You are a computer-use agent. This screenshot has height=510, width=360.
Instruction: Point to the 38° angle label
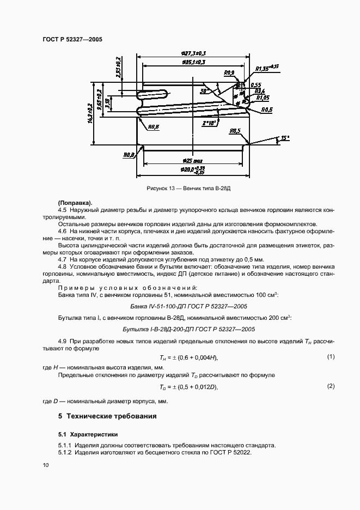pos(204,90)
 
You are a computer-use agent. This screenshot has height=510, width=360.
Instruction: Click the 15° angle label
pos(284,138)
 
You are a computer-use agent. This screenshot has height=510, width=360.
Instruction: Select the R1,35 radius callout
pos(263,69)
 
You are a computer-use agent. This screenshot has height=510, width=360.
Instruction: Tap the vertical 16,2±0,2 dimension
pos(90,113)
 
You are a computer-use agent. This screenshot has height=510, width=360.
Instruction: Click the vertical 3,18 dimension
pos(107,104)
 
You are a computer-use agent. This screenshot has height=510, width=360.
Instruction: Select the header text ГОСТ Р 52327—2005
pos(72,39)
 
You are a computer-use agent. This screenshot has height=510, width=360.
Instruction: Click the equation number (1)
pos(330,356)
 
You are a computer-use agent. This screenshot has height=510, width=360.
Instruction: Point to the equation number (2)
pos(330,386)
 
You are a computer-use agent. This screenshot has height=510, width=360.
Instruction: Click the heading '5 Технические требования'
pos(107,416)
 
